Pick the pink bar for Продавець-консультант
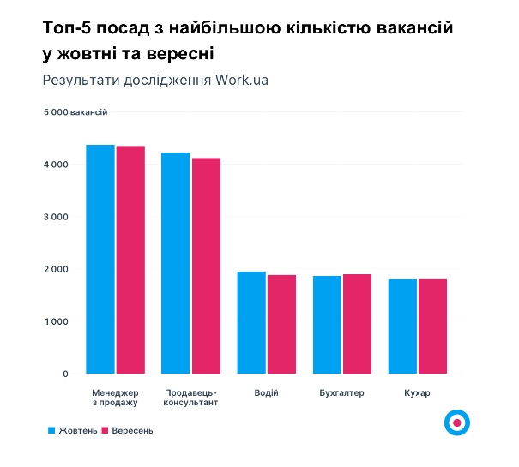(206, 266)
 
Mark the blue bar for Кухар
(402, 326)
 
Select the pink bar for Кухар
(432, 326)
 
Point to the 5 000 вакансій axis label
(76, 112)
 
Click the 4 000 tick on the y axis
(56, 165)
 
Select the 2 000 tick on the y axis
(56, 269)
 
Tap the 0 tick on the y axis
(64, 374)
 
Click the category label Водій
(266, 393)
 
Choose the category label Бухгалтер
(341, 393)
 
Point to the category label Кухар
(417, 393)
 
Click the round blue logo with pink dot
(457, 422)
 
